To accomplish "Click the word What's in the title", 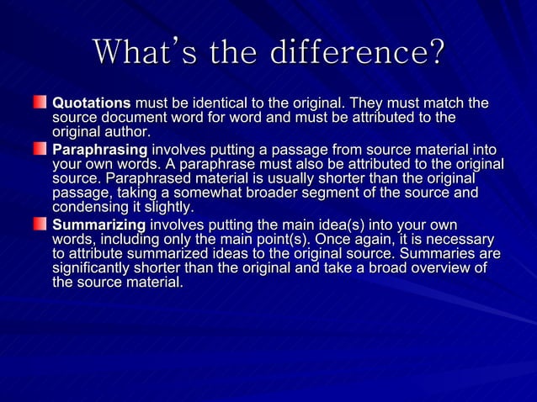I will (x=134, y=52).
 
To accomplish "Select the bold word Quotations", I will (x=92, y=103).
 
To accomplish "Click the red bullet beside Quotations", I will (x=41, y=103).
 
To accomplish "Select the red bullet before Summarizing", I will (x=41, y=225).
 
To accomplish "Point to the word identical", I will (x=227, y=103).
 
